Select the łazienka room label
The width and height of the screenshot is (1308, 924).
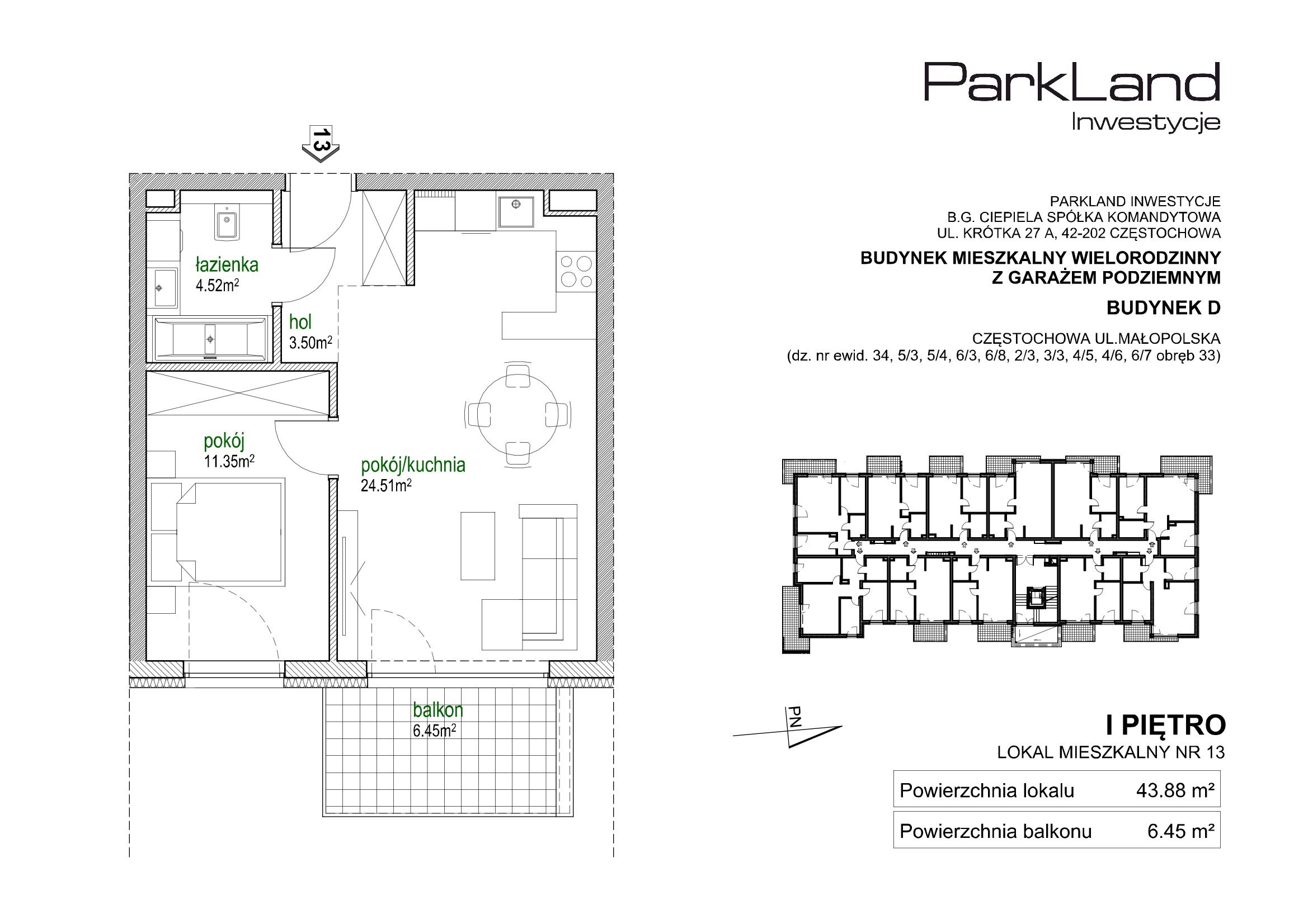pyautogui.click(x=227, y=265)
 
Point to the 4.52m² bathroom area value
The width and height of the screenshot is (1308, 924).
pyautogui.click(x=217, y=285)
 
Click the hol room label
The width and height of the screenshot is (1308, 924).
pyautogui.click(x=300, y=322)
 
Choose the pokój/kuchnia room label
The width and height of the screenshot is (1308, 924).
pyautogui.click(x=413, y=465)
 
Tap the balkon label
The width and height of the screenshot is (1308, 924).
pyautogui.click(x=437, y=710)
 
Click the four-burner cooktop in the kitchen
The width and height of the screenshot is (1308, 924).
pyautogui.click(x=577, y=272)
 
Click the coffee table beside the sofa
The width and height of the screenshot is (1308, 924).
pyautogui.click(x=477, y=546)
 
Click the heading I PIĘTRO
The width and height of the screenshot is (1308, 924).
pyautogui.click(x=1165, y=726)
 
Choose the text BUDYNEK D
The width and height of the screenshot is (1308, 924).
pyautogui.click(x=1163, y=308)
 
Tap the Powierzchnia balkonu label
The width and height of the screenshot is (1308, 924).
pyautogui.click(x=995, y=832)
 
